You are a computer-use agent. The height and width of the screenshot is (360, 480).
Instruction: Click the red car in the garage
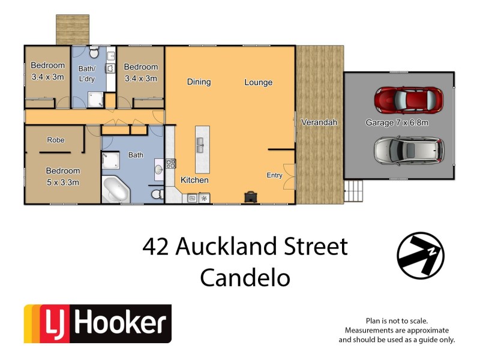409,100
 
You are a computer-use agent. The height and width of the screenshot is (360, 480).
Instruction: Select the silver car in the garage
409,150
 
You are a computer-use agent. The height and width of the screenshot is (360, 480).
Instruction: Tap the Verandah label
319,122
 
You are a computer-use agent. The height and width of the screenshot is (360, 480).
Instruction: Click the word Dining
199,82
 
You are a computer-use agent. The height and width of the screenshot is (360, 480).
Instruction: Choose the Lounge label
258,82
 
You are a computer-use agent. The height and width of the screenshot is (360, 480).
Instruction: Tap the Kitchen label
195,180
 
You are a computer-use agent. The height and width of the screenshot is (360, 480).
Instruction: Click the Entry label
274,175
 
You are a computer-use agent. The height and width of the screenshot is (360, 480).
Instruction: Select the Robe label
56,140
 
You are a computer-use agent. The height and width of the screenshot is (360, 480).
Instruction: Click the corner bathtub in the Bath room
116,190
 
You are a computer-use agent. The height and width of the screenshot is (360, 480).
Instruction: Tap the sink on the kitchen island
200,145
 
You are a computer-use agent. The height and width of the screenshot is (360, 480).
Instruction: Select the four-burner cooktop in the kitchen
170,163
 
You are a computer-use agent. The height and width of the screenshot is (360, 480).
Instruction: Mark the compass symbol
421,256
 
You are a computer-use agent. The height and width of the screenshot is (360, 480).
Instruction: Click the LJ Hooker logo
97,324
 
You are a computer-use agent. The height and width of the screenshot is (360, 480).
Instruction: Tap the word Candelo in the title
245,277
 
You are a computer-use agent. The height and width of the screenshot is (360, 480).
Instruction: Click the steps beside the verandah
353,192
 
